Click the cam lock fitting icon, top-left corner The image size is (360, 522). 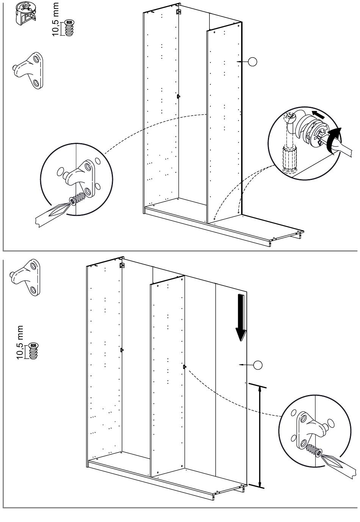25,14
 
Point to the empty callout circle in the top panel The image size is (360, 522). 252,61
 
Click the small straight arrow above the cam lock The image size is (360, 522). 318,113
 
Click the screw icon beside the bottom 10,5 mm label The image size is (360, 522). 34,351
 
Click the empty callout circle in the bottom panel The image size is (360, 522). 258,365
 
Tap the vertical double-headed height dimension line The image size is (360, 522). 260,436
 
